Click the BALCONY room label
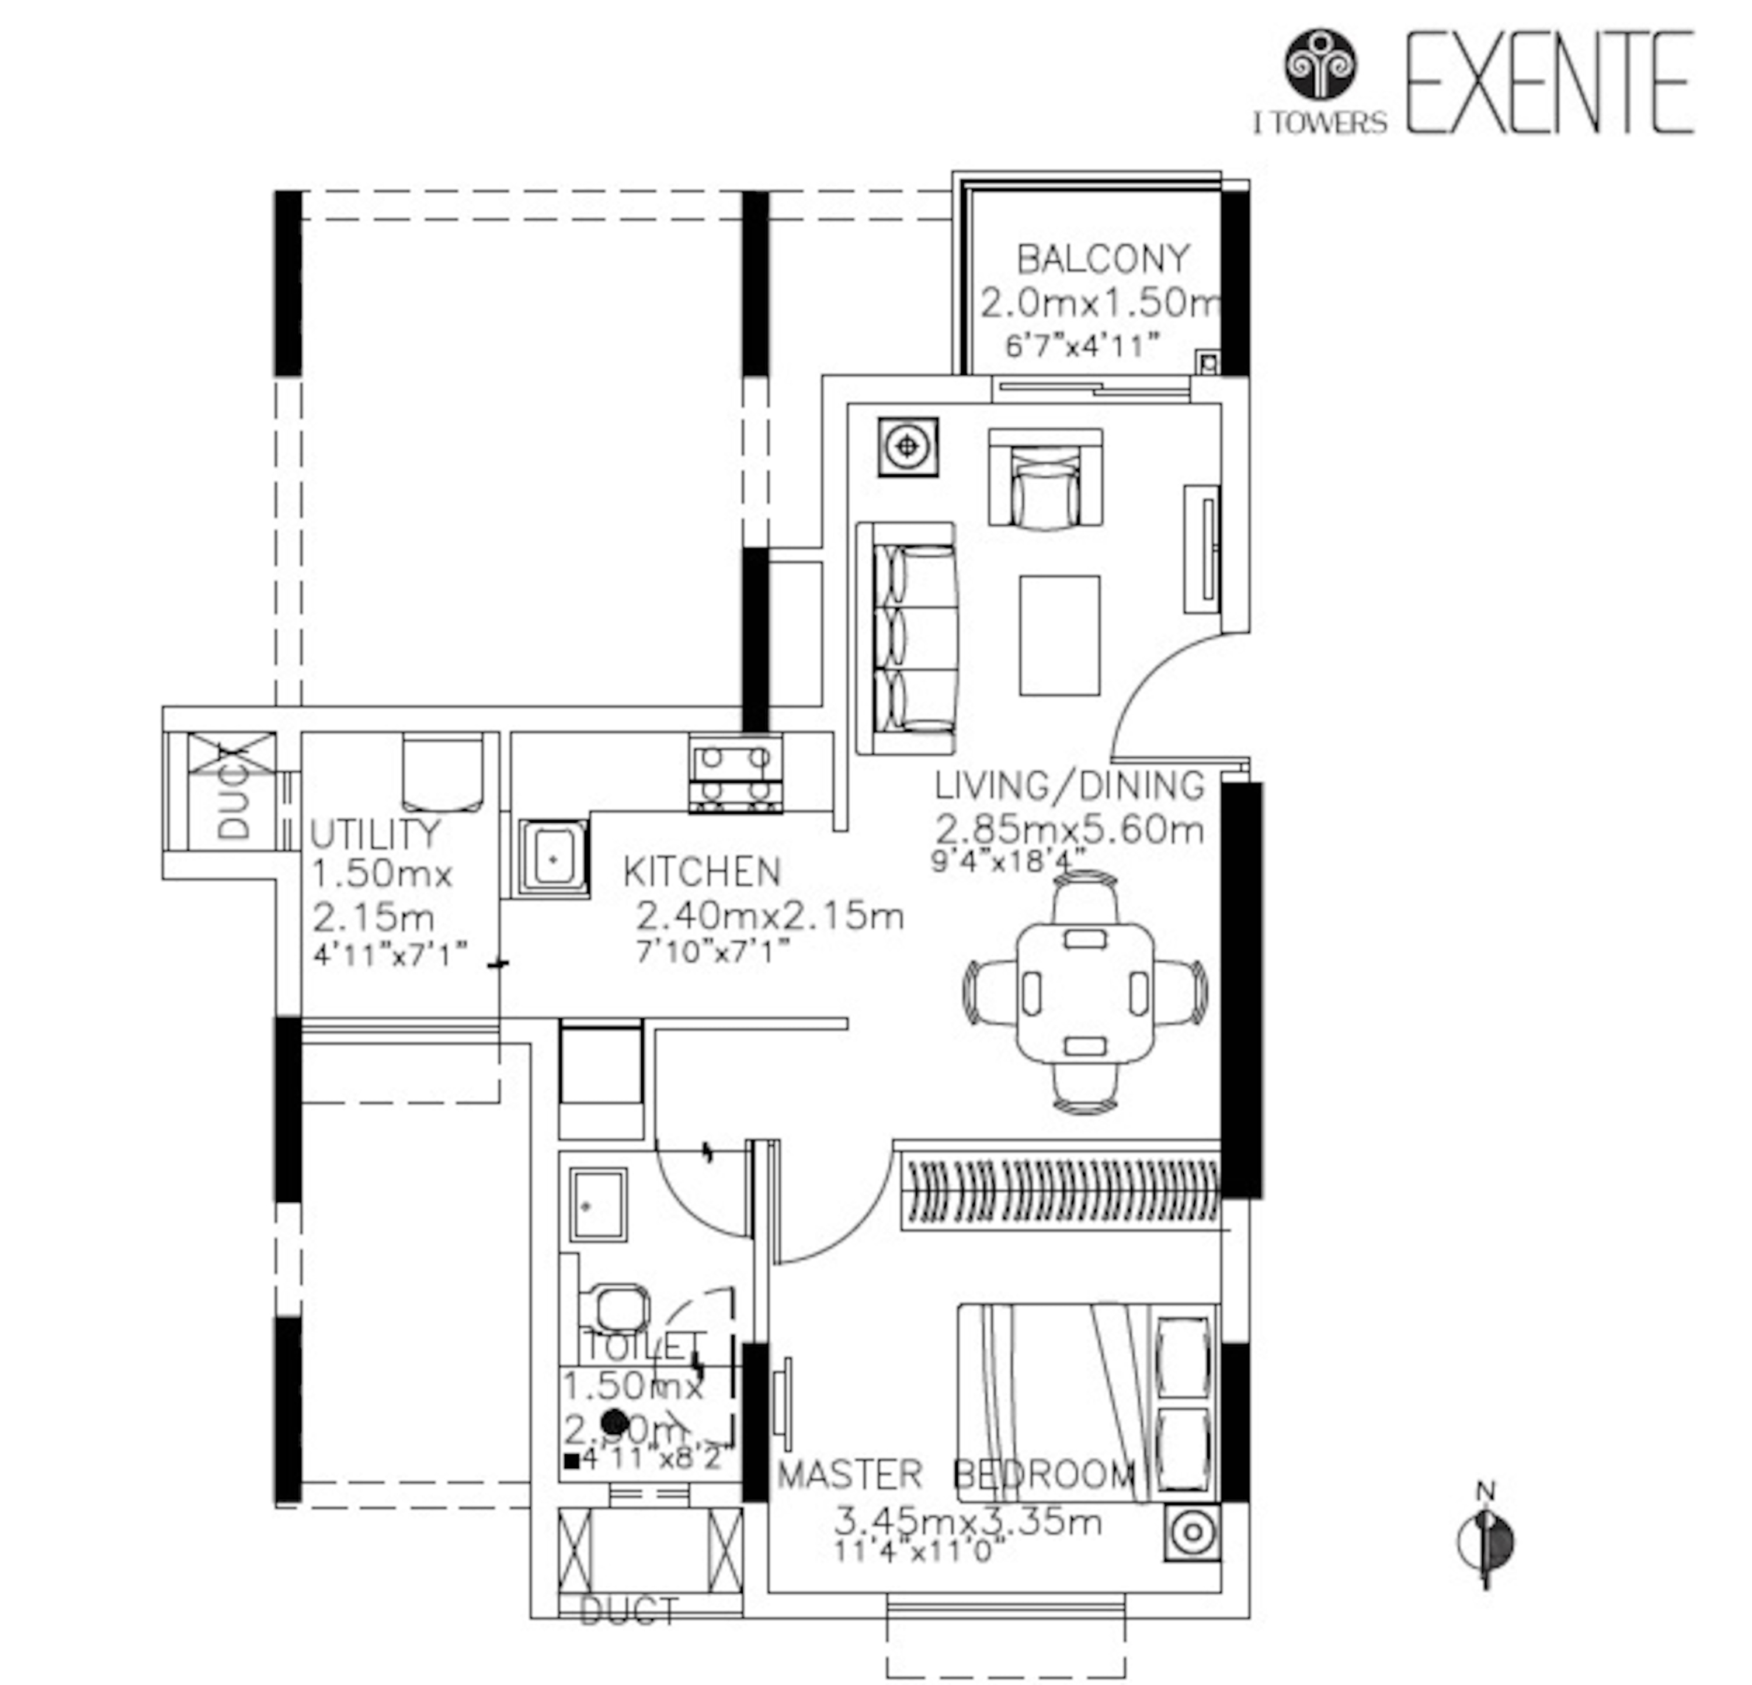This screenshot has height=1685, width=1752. [x=1103, y=259]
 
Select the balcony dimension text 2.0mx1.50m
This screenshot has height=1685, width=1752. [x=1100, y=304]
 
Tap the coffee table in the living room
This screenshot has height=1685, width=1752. [x=1059, y=636]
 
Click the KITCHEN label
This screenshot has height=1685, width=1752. [x=702, y=872]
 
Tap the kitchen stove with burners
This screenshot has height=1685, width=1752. [x=735, y=774]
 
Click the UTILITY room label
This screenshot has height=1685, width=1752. [x=376, y=834]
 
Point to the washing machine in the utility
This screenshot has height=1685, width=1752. [x=443, y=772]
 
